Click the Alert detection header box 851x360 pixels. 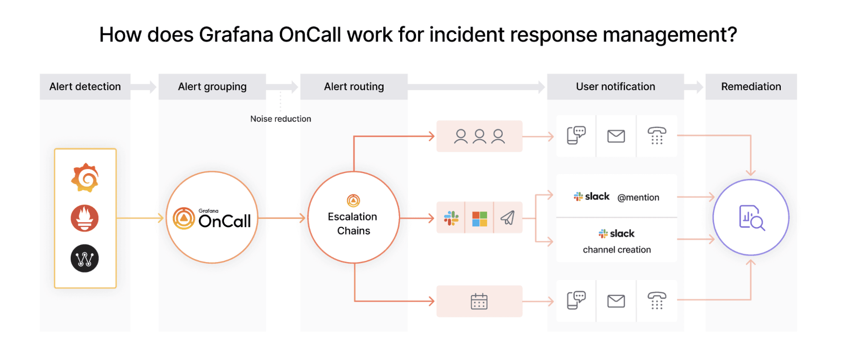[85, 87]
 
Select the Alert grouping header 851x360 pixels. [212, 87]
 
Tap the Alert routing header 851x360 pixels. [354, 87]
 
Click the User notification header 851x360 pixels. [615, 87]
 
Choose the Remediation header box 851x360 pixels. [751, 87]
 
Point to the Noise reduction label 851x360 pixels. [281, 119]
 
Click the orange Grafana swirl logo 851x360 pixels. [85, 177]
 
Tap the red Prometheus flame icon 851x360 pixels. [85, 218]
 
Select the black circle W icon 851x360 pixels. [85, 258]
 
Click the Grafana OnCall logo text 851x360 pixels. [224, 220]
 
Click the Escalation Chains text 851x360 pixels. [353, 224]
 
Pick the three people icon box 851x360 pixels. [479, 136]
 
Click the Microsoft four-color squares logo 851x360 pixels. [479, 219]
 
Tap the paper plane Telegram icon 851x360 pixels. [507, 218]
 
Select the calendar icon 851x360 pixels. [479, 301]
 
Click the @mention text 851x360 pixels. [638, 197]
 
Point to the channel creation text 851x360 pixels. [616, 250]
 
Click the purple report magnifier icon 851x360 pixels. [751, 218]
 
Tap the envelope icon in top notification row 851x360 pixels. [616, 136]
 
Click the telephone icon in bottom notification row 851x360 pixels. [656, 300]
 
